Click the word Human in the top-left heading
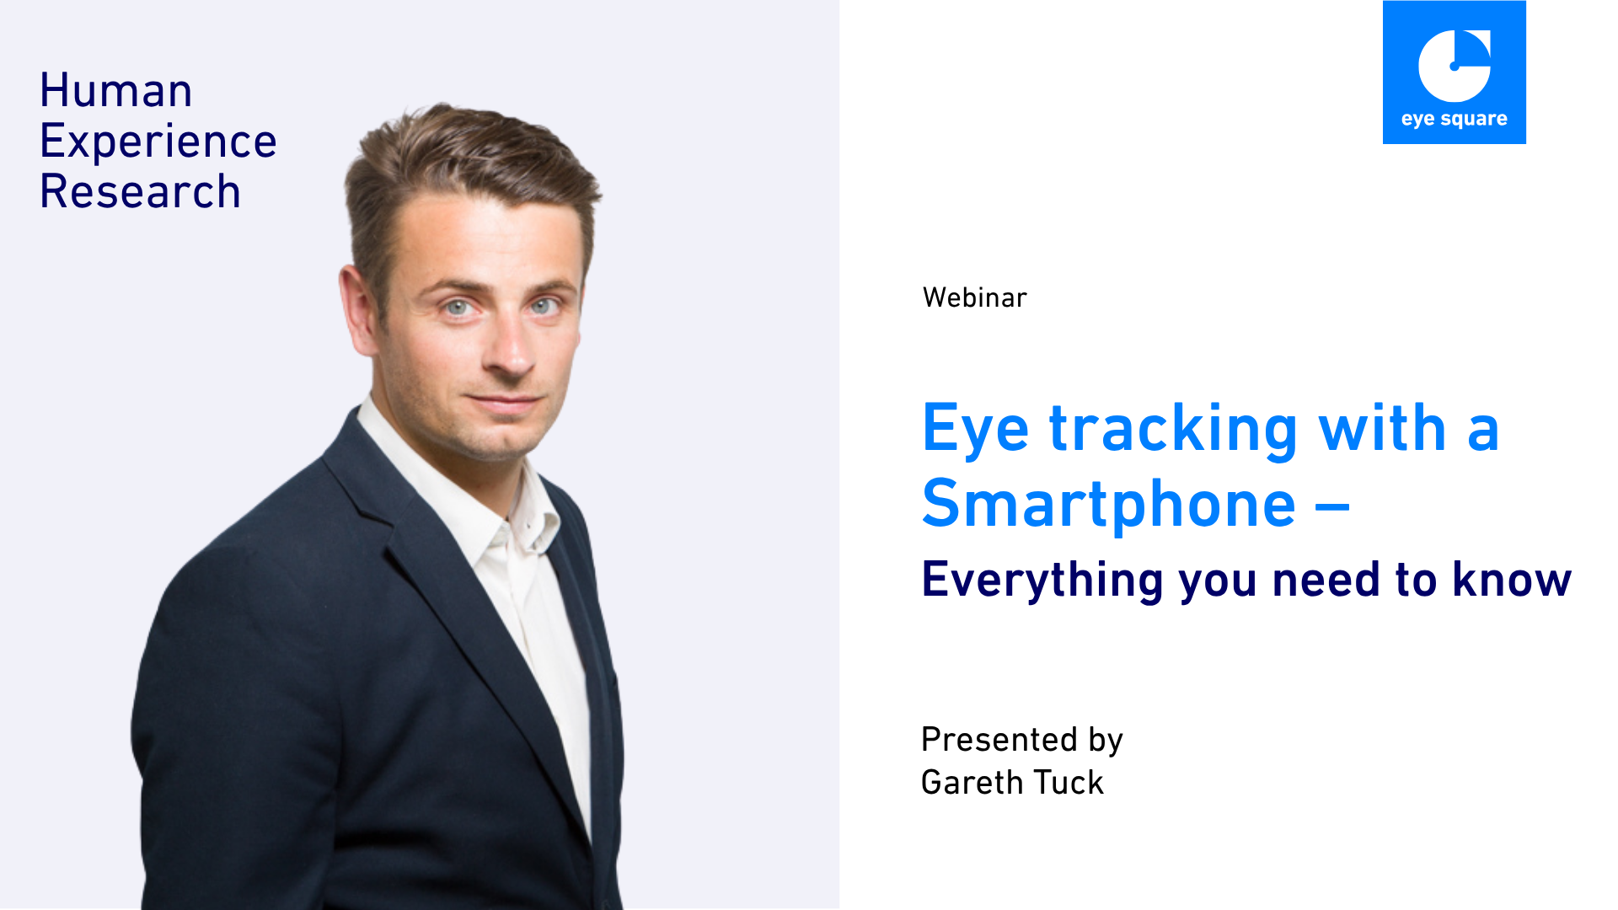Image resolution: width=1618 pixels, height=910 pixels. (x=116, y=90)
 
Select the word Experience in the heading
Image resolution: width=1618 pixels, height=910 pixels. (x=158, y=142)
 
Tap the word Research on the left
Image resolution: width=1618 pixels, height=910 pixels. (x=141, y=191)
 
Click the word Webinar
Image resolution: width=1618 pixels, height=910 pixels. (x=975, y=297)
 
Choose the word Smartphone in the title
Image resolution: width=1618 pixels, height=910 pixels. (x=1109, y=504)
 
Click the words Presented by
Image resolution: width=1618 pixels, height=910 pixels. (x=1022, y=740)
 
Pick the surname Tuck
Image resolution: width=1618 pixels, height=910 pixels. (x=1069, y=782)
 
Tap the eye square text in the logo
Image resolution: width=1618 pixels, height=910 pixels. (x=1455, y=120)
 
